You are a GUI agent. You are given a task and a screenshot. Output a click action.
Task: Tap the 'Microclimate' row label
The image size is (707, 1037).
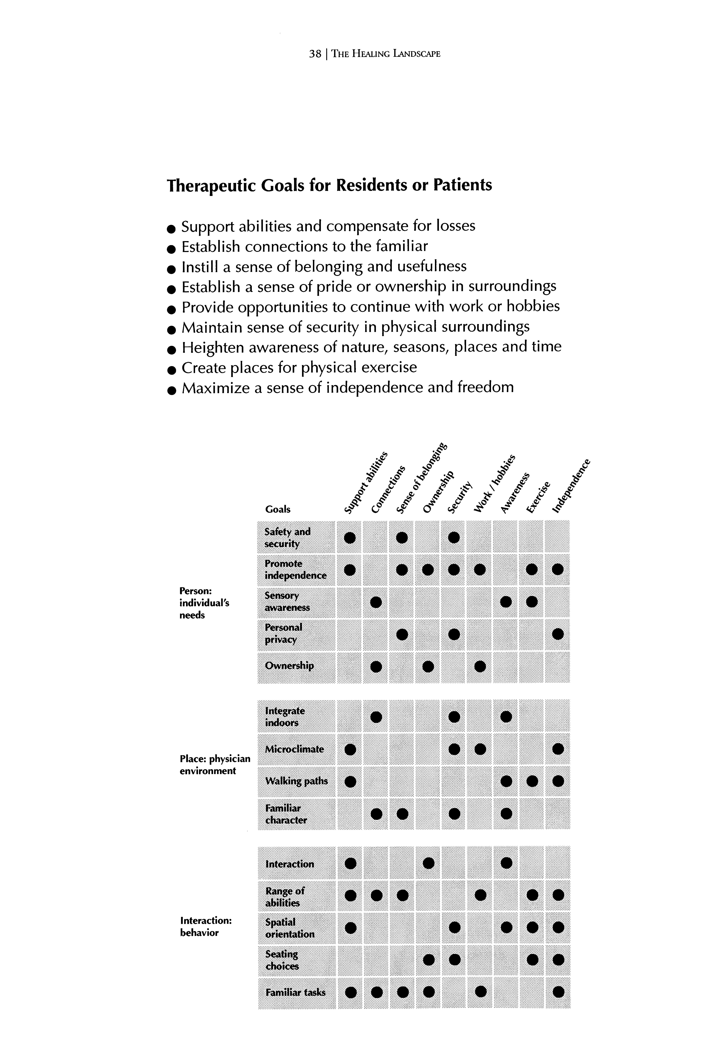point(294,749)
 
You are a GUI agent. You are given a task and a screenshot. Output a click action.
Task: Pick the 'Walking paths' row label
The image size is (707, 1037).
point(296,781)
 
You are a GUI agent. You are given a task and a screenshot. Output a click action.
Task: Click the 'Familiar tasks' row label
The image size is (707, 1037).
point(295,992)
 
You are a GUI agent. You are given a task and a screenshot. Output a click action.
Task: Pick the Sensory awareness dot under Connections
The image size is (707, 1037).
point(376,602)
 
